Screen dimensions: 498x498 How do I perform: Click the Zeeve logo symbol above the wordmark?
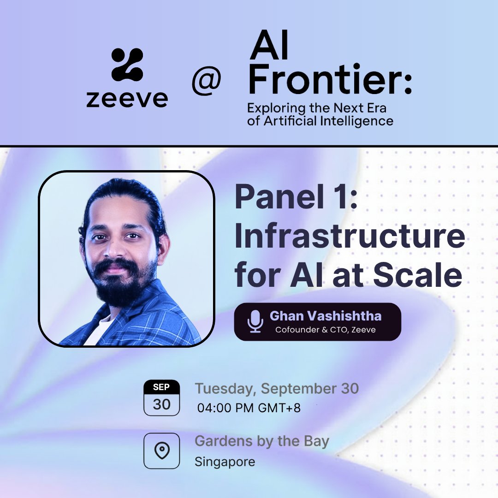(x=127, y=65)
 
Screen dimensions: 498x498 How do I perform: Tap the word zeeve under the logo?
(x=127, y=98)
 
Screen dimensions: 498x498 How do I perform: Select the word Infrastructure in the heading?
(x=350, y=237)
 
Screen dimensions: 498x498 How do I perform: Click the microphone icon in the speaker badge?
(x=255, y=321)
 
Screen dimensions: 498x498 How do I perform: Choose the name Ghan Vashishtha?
(x=326, y=316)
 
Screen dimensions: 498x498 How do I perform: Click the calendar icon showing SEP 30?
(x=161, y=398)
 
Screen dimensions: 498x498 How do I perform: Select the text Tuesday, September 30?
(x=277, y=389)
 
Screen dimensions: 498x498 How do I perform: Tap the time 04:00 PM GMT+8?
(x=249, y=408)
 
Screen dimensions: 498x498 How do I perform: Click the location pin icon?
(x=161, y=451)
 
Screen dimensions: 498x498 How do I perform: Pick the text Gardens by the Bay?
(x=262, y=441)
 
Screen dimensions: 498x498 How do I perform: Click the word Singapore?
(x=225, y=462)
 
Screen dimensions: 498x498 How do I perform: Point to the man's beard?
(x=121, y=281)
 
